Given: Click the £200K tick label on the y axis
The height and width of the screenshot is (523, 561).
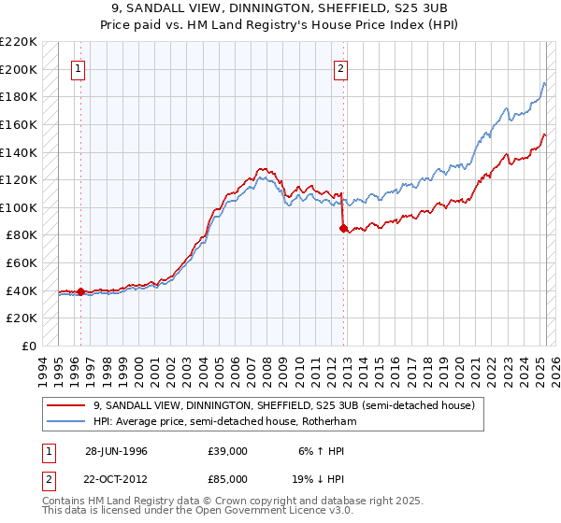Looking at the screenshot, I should coord(19,69).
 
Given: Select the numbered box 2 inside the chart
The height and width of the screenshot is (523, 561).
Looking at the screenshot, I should coord(341,68).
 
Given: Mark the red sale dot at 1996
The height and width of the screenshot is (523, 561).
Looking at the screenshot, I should coord(81,291).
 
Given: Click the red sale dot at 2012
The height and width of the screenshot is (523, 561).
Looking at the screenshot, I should coord(343,228).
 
